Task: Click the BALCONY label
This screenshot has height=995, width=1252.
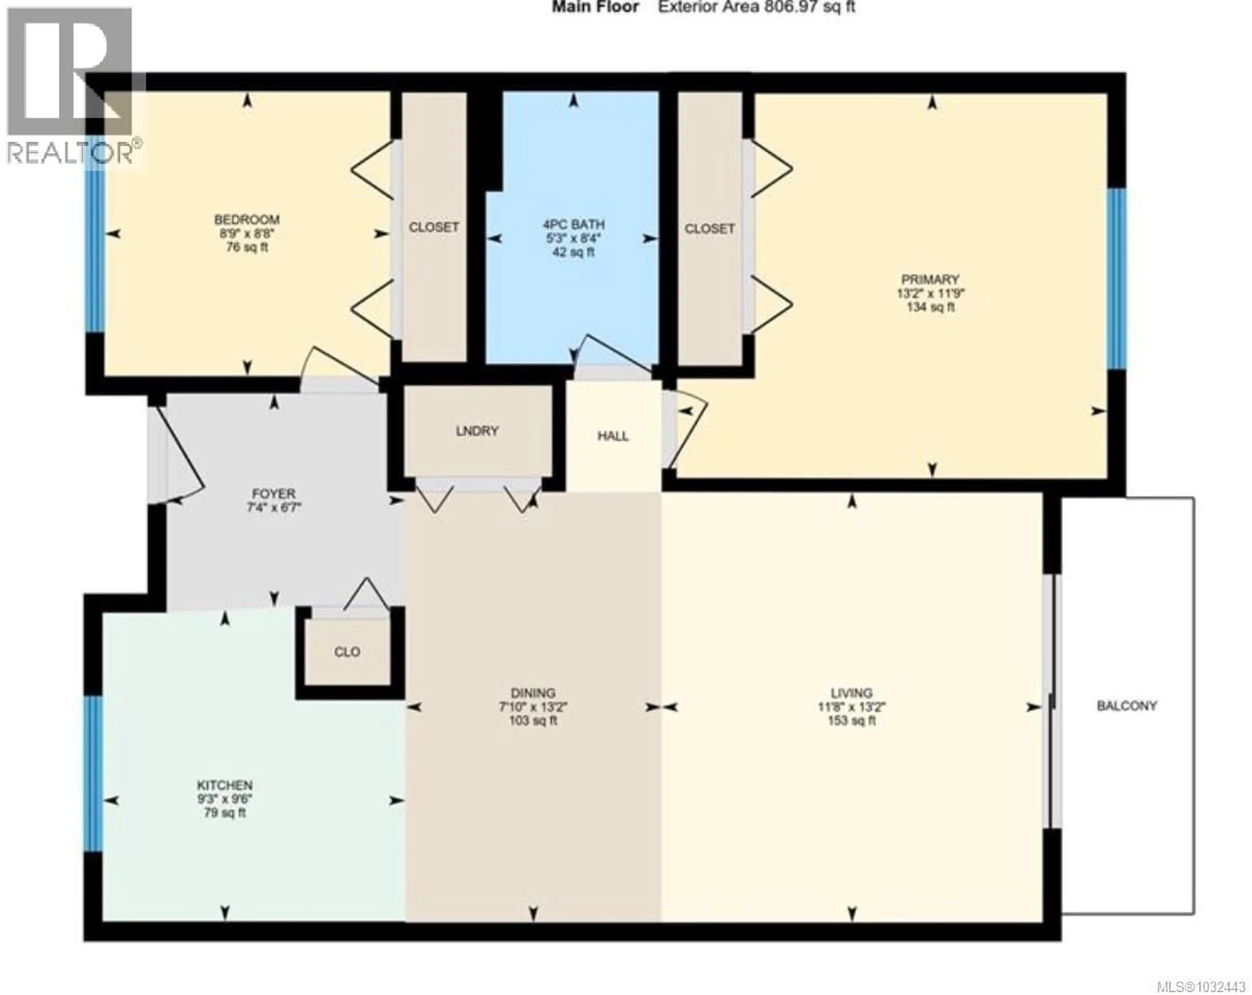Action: (x=1126, y=706)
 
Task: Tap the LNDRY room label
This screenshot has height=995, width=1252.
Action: (x=477, y=431)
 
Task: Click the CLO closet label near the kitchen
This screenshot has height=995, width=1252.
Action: (x=347, y=652)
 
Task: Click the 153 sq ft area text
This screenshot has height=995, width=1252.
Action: (x=851, y=721)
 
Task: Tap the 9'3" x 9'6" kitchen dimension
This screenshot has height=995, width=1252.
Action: (x=225, y=799)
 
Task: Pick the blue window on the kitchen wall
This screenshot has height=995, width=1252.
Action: (x=93, y=773)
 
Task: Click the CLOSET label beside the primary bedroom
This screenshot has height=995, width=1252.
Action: (x=709, y=229)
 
